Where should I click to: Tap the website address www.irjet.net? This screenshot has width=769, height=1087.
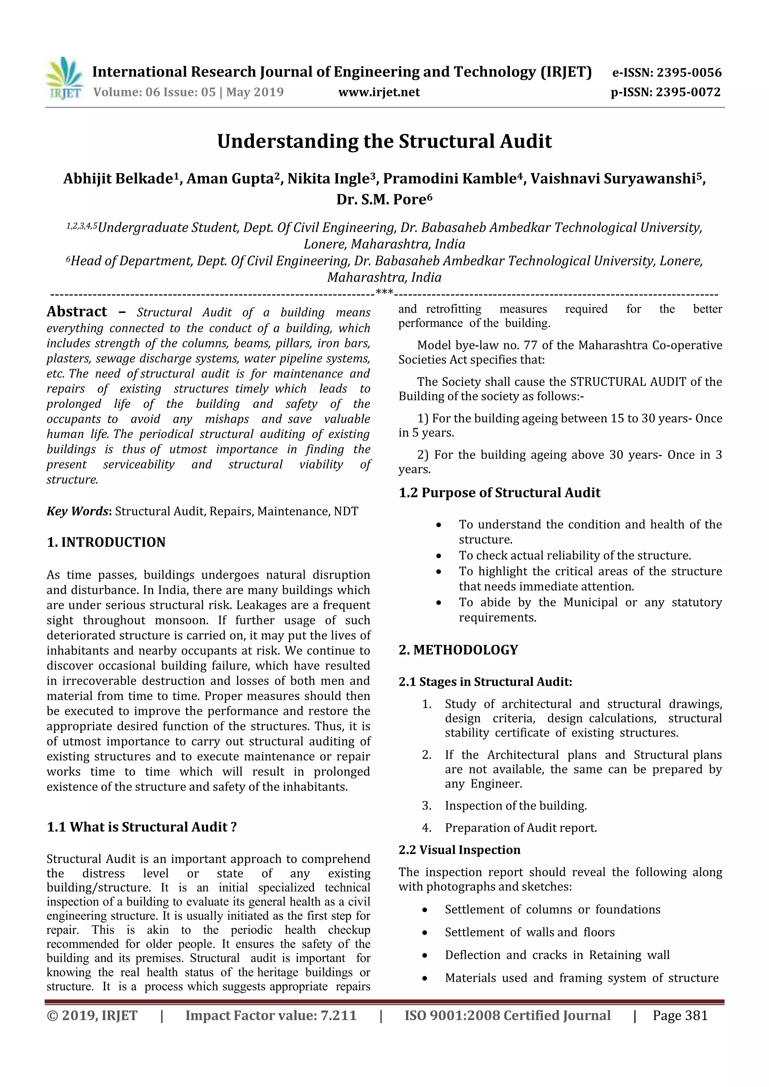point(378,92)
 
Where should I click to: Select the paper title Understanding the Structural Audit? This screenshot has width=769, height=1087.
point(384,141)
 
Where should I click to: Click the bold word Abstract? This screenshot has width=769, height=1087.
point(77,311)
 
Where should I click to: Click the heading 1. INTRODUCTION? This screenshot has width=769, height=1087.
point(106,542)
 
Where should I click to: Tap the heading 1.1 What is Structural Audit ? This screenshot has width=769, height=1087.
point(142,827)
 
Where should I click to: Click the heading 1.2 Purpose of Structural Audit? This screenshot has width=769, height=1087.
point(499,493)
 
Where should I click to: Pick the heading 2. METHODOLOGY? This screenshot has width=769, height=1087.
point(458,650)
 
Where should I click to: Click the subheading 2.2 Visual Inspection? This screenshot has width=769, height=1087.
point(459,850)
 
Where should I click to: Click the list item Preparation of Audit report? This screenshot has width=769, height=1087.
point(521,828)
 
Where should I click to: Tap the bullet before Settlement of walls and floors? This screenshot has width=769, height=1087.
point(425,933)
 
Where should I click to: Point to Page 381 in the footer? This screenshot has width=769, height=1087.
point(680,1015)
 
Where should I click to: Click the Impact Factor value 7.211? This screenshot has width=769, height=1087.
point(338,1015)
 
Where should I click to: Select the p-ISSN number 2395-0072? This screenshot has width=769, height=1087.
point(688,92)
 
